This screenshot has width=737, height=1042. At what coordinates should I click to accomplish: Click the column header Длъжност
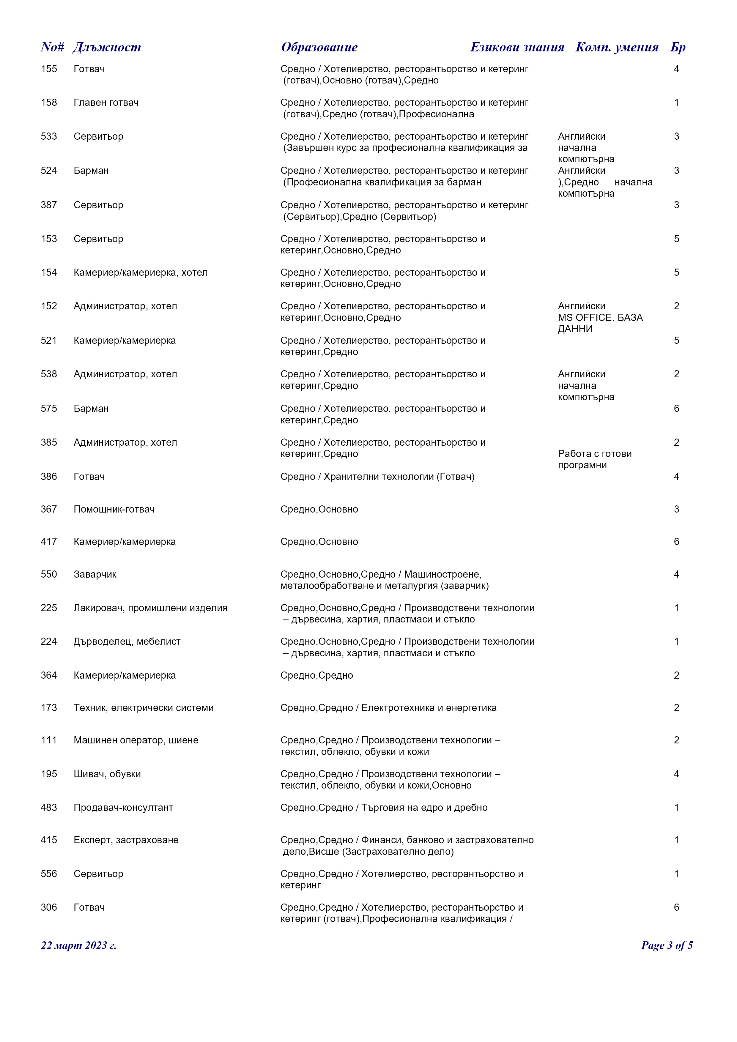tap(107, 47)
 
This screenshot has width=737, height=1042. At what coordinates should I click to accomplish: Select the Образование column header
tap(319, 47)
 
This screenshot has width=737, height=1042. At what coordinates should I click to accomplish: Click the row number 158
tap(49, 103)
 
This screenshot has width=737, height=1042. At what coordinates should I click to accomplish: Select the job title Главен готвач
tap(106, 103)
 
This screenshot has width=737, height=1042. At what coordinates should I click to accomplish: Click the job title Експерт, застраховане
tap(126, 840)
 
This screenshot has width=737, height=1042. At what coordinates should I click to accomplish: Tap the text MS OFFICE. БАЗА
tap(600, 318)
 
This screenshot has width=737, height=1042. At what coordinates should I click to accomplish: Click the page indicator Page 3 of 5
tap(667, 945)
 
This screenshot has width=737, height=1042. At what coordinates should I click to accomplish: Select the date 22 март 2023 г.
tap(78, 945)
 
